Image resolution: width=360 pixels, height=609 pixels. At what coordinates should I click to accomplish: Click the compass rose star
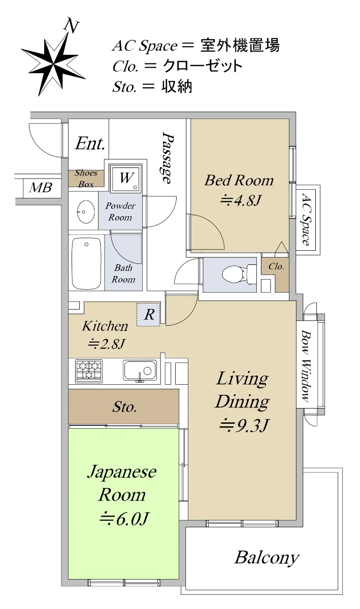coord(53,64)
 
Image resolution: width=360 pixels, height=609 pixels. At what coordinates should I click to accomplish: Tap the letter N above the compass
coord(71,26)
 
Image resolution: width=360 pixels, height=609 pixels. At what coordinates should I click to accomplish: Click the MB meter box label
coord(41,188)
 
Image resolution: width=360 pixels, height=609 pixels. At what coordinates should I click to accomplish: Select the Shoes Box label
coord(86,178)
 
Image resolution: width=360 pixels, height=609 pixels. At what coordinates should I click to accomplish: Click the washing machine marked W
coord(126,178)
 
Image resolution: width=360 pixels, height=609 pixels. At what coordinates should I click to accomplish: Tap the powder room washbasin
coord(86,211)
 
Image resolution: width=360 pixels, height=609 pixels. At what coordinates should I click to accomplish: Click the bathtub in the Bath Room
coord(86,264)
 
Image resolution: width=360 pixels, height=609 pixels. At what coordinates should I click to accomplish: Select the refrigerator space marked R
coord(149,315)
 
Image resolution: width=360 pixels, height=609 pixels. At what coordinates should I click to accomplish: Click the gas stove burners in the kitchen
coord(89,370)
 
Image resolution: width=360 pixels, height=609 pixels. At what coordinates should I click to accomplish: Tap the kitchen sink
coord(140,370)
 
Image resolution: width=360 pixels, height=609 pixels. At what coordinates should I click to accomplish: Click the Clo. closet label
coord(276,266)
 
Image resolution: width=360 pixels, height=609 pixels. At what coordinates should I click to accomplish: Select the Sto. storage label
coord(124,407)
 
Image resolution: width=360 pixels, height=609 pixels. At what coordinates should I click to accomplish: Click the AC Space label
coord(306,219)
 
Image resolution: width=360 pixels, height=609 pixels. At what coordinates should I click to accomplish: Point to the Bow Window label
coord(306,366)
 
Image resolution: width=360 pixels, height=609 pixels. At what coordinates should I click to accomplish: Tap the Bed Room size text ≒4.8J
coord(240,200)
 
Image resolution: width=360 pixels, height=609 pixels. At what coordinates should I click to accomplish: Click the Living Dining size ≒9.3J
coord(244,425)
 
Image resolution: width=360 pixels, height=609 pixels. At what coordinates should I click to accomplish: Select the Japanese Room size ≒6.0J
coord(124,519)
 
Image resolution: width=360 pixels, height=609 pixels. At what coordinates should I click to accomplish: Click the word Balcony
coord(267,557)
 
